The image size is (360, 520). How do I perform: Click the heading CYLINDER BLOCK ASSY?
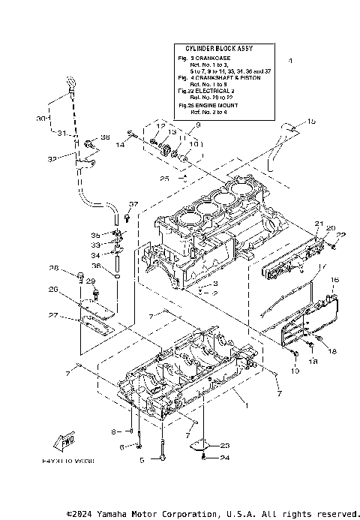coord(214,46)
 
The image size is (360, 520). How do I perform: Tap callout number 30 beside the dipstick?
coord(39,119)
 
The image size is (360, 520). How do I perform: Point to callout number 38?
coord(105,137)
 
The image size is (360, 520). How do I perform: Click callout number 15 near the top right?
coord(312,121)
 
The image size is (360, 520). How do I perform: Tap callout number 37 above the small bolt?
coord(133,204)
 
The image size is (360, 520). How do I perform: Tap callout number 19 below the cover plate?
coord(294,371)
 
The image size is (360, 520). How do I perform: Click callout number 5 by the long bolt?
coord(140,460)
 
